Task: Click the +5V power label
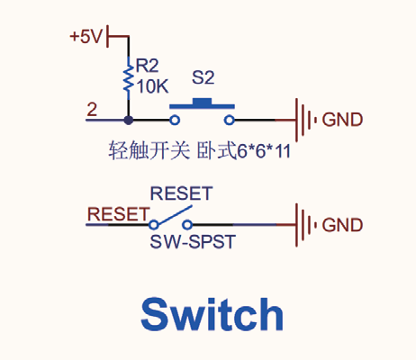pyautogui.click(x=86, y=37)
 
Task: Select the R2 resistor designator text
pyautogui.click(x=147, y=66)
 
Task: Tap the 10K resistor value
pyautogui.click(x=152, y=86)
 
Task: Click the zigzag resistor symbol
pyautogui.click(x=129, y=78)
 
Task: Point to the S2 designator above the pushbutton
pyautogui.click(x=203, y=77)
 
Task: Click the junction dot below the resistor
pyautogui.click(x=129, y=121)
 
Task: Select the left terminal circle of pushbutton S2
pyautogui.click(x=175, y=121)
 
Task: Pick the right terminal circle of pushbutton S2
pyautogui.click(x=230, y=121)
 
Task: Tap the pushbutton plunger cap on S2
pyautogui.click(x=202, y=102)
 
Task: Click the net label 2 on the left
pyautogui.click(x=92, y=110)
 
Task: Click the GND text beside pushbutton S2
pyautogui.click(x=342, y=120)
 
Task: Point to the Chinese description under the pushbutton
pyautogui.click(x=199, y=150)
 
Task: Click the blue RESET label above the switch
pyautogui.click(x=181, y=193)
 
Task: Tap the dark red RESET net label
pyautogui.click(x=118, y=214)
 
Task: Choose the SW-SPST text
pyautogui.click(x=193, y=242)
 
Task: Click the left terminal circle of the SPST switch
pyautogui.click(x=154, y=225)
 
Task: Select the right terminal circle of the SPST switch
pyautogui.click(x=187, y=225)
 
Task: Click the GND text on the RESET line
pyautogui.click(x=342, y=225)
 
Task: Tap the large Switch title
pyautogui.click(x=212, y=314)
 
